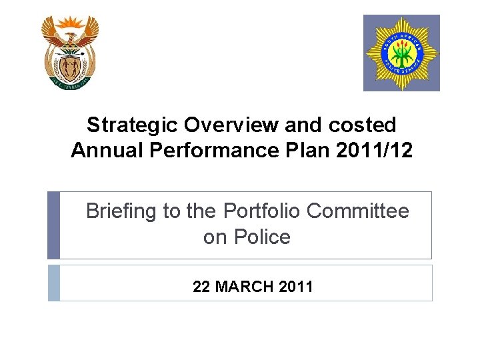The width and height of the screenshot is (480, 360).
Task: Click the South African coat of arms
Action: pos(69,52)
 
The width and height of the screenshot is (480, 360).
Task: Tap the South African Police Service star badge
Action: pos(401,53)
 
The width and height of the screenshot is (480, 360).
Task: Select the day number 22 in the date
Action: pos(201,287)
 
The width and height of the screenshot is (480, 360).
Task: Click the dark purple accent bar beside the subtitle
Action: pos(53,225)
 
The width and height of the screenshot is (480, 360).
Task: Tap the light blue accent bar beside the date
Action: pos(53,283)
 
